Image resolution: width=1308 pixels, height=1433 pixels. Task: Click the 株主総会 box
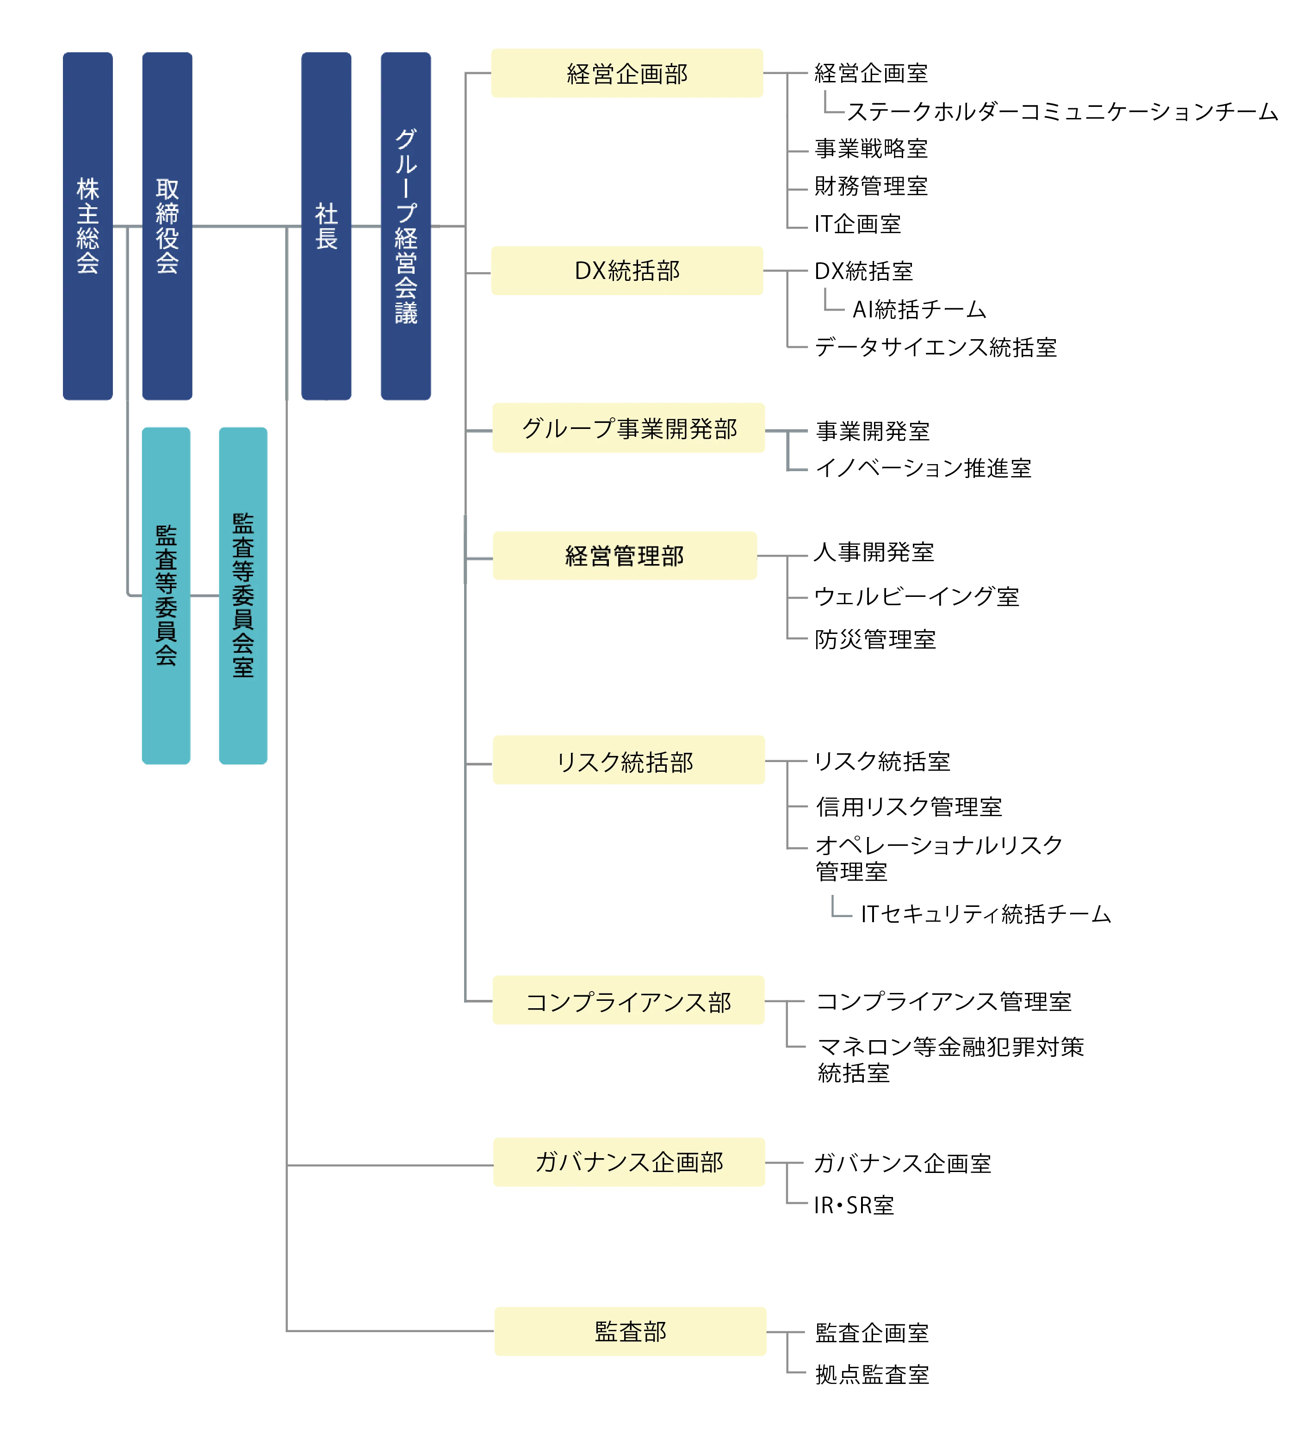88,226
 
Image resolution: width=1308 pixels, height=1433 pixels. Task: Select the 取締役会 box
167,226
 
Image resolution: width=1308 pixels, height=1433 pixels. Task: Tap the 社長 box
326,226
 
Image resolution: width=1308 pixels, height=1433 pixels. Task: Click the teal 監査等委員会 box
167,595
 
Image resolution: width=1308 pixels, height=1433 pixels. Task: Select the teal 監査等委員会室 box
243,595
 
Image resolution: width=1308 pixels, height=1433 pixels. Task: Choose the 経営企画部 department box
627,74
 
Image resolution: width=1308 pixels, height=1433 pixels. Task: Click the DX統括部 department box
627,270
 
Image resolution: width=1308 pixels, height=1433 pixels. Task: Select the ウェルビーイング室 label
917,596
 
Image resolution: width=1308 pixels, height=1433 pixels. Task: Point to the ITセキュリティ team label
987,914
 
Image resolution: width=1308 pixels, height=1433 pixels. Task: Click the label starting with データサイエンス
936,347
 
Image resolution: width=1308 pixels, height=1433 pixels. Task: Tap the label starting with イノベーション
923,468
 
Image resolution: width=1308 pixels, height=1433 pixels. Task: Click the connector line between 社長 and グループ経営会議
366,226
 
